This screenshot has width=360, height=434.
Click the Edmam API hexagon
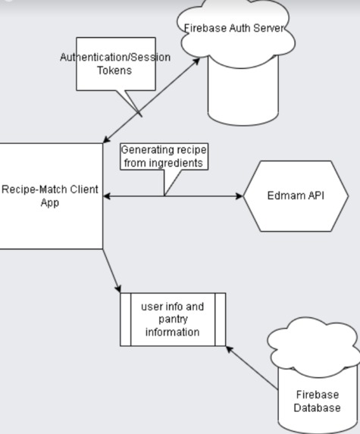pyautogui.click(x=296, y=195)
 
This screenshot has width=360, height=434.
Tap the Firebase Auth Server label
pyautogui.click(x=235, y=28)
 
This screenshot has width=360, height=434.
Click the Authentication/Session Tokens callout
pyautogui.click(x=115, y=64)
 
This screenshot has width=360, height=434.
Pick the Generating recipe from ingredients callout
pyautogui.click(x=164, y=155)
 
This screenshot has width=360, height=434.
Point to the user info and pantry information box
pyautogui.click(x=173, y=319)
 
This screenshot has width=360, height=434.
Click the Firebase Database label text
pyautogui.click(x=318, y=401)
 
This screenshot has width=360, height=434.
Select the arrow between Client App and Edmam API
pyautogui.click(x=197, y=196)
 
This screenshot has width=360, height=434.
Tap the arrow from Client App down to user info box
pyautogui.click(x=112, y=271)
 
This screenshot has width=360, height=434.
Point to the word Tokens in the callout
pyautogui.click(x=115, y=70)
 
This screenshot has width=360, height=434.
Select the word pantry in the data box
pyautogui.click(x=173, y=320)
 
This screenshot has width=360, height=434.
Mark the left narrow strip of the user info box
pyautogui.click(x=126, y=319)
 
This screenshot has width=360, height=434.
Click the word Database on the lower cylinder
pyautogui.click(x=318, y=407)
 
